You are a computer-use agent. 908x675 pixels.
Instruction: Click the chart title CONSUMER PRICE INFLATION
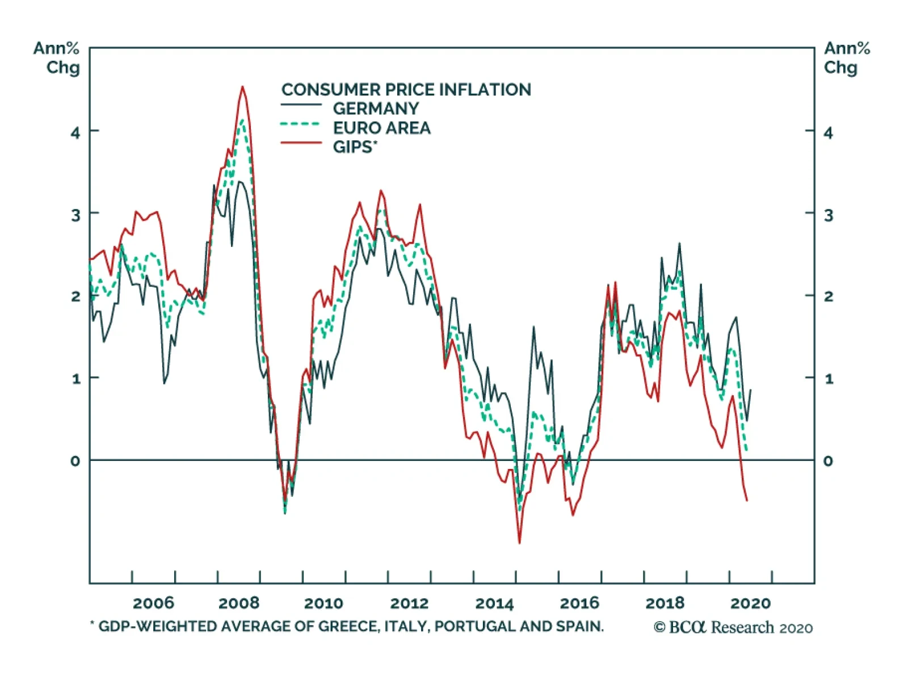coord(406,90)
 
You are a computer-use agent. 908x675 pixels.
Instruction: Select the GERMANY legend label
coord(376,108)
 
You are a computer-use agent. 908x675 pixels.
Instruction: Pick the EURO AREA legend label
coord(381,128)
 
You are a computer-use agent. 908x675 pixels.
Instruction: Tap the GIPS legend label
coord(354,147)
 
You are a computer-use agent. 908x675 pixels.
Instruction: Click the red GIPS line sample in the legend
coord(301,143)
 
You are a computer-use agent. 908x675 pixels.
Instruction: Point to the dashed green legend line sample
coord(301,124)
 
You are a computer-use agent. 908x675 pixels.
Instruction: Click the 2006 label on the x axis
coord(153,603)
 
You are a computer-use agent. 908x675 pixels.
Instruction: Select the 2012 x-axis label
coord(409,603)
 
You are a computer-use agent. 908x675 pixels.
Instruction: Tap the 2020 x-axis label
coord(750,603)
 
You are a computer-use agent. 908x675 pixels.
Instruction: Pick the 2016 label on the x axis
coord(579,603)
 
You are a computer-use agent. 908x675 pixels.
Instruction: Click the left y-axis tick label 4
coord(75,133)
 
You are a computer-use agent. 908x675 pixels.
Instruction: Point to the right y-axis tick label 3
coord(829,215)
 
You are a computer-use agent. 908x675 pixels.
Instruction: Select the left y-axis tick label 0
coord(75,461)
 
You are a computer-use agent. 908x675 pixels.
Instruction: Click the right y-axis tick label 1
coord(829,379)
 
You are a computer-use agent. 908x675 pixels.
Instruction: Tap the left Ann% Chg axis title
coord(57,58)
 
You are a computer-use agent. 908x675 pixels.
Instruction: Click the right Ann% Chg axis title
coord(847,58)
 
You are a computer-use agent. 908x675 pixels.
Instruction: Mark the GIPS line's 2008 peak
coord(242,87)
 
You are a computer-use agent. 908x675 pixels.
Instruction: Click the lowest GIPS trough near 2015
coord(519,543)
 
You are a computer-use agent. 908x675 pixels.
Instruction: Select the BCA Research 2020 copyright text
coord(733,627)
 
